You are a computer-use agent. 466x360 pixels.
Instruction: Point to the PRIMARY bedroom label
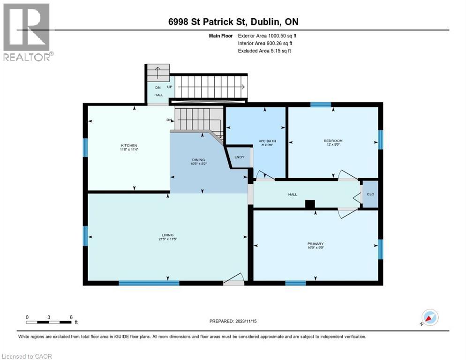click(316, 244)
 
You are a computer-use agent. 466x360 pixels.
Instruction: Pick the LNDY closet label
click(239, 157)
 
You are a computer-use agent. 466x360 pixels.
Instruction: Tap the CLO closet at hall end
click(370, 194)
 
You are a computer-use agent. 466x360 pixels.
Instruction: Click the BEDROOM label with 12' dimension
click(333, 141)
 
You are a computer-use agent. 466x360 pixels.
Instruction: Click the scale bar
click(49, 322)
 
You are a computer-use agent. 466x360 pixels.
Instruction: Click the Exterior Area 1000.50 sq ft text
click(267, 35)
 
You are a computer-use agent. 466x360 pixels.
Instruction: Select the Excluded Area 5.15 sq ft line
click(264, 51)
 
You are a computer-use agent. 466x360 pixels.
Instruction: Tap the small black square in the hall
click(309, 204)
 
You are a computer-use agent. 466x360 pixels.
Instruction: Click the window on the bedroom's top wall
click(321, 105)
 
